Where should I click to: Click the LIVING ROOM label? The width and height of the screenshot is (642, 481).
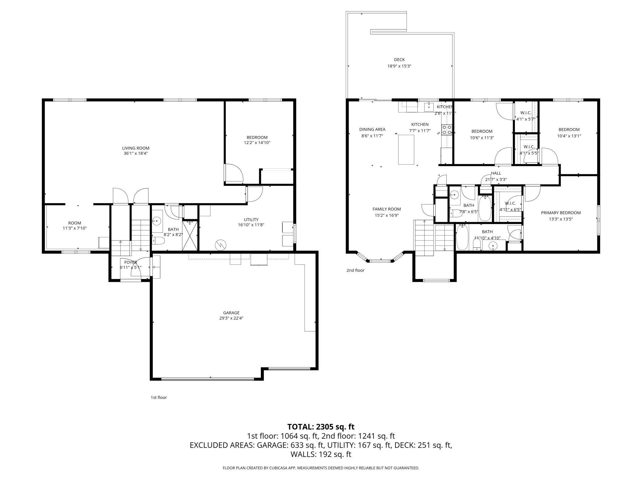(135, 148)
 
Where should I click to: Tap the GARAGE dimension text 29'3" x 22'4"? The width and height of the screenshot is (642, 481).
(231, 318)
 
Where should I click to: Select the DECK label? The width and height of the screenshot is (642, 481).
(399, 60)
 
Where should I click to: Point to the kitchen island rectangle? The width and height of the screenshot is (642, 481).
(406, 150)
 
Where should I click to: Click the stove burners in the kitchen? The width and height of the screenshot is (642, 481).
(447, 129)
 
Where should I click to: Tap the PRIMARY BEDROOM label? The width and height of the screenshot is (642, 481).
(561, 213)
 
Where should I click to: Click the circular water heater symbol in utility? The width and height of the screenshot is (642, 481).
(221, 245)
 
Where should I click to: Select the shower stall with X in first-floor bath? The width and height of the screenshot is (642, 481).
(190, 236)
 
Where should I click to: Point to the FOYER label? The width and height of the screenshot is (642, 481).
(131, 262)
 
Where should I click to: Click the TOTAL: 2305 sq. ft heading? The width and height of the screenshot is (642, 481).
(321, 427)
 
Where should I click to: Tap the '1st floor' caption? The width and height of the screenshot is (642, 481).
(159, 397)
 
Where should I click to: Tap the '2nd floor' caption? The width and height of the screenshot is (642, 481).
(355, 270)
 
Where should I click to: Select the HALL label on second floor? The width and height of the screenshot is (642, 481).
(496, 173)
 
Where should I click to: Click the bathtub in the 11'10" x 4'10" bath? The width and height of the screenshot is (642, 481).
(462, 237)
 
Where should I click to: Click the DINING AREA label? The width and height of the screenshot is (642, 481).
(372, 129)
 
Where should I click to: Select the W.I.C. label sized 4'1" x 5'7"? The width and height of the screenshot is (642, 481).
(526, 113)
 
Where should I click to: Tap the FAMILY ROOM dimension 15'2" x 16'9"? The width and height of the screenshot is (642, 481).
(386, 216)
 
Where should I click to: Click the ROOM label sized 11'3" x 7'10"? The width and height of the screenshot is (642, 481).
(75, 223)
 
